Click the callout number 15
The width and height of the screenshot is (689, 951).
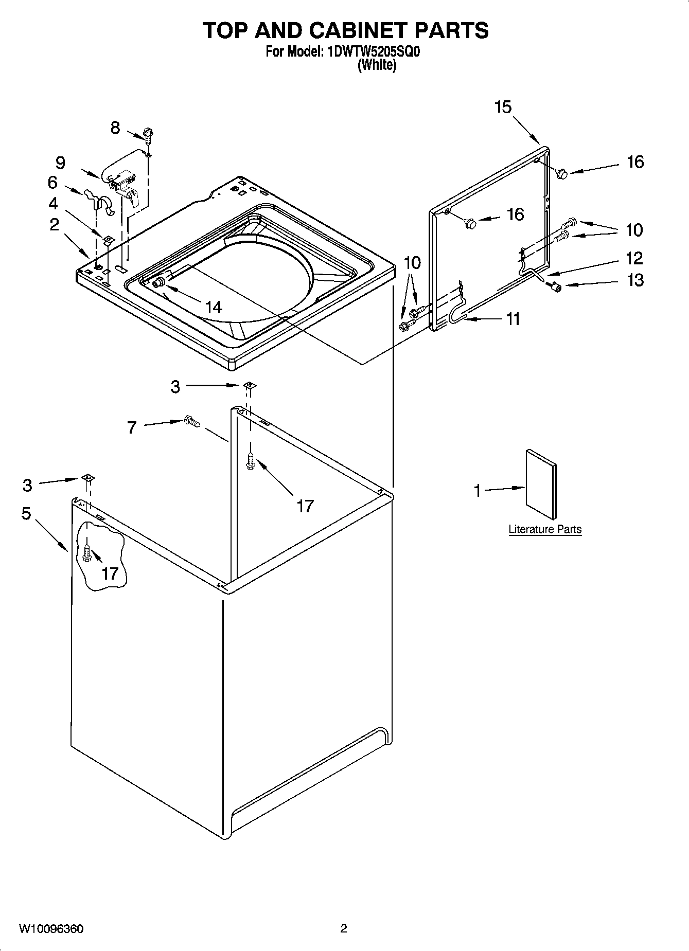click(x=503, y=107)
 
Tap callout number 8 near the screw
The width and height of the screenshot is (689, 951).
click(x=115, y=128)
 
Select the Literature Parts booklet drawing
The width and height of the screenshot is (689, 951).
click(x=540, y=485)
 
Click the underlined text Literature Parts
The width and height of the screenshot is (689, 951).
click(x=545, y=529)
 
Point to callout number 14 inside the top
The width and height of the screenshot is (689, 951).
click(x=213, y=307)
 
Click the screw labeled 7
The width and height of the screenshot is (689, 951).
click(x=191, y=422)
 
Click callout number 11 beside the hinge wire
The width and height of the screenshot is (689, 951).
click(x=513, y=319)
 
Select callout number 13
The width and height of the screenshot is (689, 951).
click(x=635, y=280)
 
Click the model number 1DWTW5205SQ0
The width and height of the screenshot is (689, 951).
click(x=374, y=52)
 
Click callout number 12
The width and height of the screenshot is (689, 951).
click(x=634, y=258)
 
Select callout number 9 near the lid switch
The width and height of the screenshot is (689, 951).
click(x=60, y=163)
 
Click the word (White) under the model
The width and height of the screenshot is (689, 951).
click(x=377, y=65)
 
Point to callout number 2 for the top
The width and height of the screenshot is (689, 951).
click(x=54, y=224)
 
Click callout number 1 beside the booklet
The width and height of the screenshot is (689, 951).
click(x=477, y=491)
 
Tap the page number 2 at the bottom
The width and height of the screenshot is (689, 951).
click(x=344, y=928)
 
